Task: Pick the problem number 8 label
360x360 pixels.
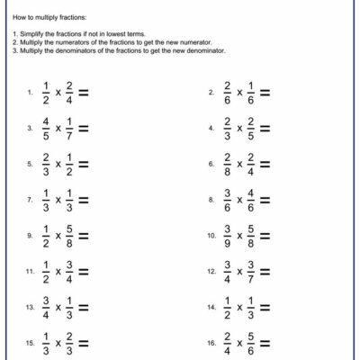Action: point(210,200)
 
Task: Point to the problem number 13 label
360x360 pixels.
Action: point(31,308)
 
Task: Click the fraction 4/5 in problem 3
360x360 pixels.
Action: point(46,128)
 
